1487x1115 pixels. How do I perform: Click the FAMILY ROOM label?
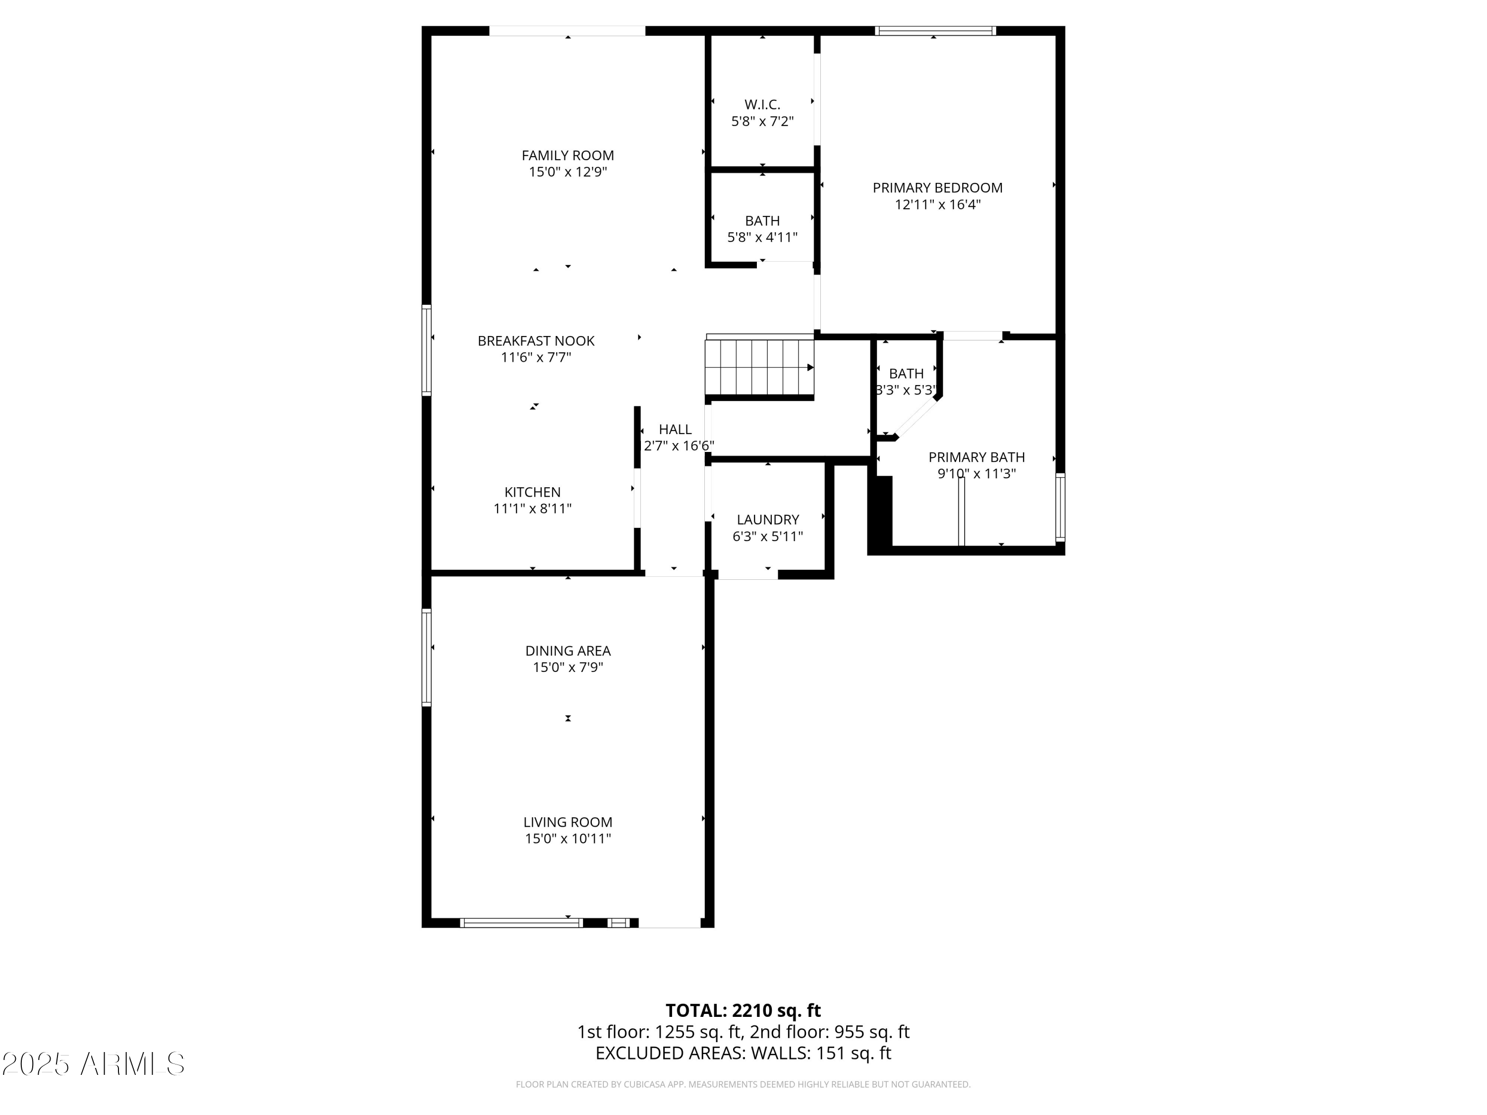[568, 155]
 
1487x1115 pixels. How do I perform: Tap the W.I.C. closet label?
[762, 105]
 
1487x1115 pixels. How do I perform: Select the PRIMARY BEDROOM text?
[937, 188]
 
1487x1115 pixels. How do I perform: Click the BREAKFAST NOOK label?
[536, 341]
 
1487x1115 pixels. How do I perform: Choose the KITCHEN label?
[532, 492]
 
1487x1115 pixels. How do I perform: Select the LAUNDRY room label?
[768, 519]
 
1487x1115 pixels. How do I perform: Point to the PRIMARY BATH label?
[976, 457]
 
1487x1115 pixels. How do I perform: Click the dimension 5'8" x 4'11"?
[762, 237]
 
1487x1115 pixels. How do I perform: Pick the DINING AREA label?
[568, 651]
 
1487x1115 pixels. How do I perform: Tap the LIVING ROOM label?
[568, 822]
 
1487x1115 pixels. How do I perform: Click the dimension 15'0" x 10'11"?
[568, 839]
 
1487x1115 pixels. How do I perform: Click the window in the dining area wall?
[426, 657]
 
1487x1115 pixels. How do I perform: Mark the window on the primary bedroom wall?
[934, 30]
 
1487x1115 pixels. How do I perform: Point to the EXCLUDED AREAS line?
[743, 1053]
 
